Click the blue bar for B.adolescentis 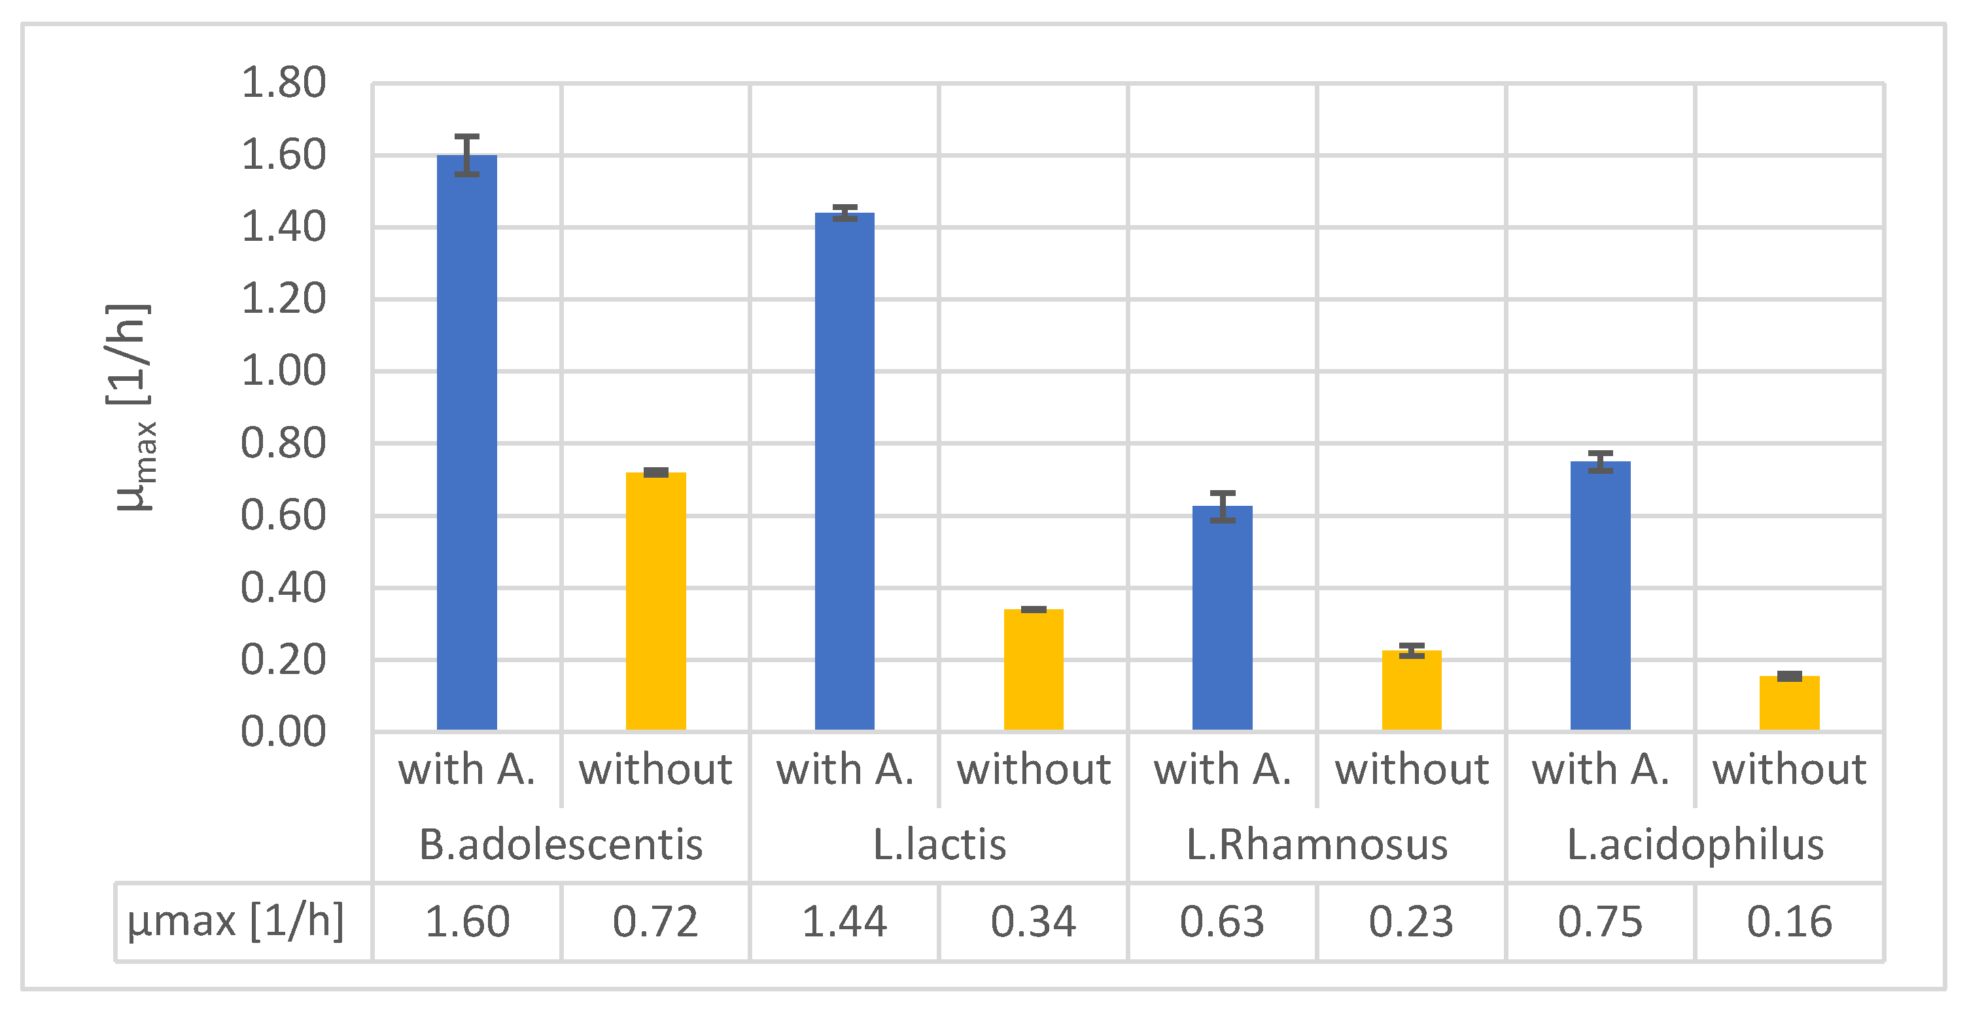point(466,443)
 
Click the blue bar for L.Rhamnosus point(1223,618)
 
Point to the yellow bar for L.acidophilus point(1789,703)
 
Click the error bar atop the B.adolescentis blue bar point(466,155)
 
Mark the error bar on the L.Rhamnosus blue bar point(1223,506)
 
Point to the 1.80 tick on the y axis point(283,82)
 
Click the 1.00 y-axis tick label point(283,371)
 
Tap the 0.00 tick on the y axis point(283,732)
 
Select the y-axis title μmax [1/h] point(134,408)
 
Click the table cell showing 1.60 point(466,921)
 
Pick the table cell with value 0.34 point(1033,921)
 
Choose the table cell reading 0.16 point(1789,921)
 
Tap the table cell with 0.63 point(1222,921)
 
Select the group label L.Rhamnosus point(1316,845)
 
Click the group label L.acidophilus point(1695,845)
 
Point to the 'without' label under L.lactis point(1033,769)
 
